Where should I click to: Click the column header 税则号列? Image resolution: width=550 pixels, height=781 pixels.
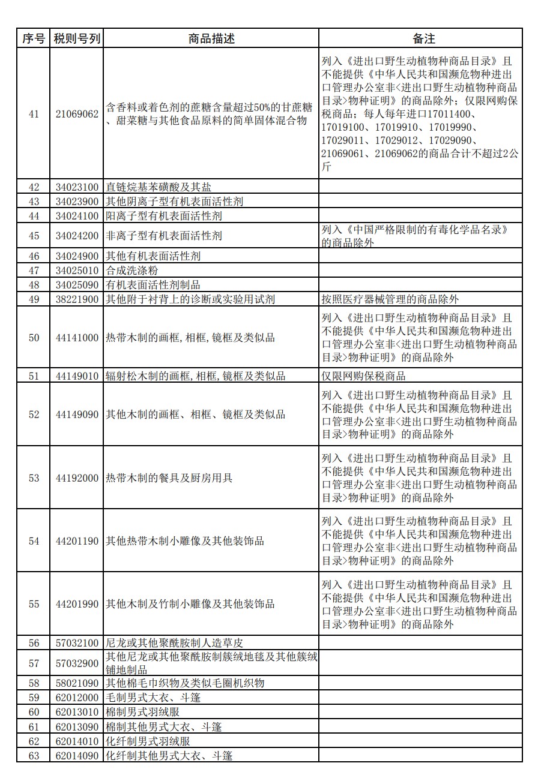77,39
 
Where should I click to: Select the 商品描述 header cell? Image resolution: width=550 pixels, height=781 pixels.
211,39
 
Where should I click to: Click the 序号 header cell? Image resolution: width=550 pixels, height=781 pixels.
34,39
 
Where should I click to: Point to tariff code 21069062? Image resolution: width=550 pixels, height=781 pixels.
77,114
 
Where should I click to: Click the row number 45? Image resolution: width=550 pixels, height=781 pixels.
34,236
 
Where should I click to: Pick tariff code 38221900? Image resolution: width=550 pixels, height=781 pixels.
77,299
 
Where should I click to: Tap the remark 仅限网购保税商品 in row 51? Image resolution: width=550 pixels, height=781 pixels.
364,376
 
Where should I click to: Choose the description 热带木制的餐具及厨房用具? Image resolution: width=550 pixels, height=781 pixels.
169,478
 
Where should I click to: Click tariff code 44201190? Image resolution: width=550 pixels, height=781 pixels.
77,541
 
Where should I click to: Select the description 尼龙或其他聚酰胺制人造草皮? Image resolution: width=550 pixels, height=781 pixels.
175,643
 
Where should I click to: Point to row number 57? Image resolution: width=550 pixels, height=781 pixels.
34,663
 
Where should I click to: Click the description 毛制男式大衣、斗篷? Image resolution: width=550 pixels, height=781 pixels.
153,698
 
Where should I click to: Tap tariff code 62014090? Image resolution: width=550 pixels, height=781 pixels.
77,756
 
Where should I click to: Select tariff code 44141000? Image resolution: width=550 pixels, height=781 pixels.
77,338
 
